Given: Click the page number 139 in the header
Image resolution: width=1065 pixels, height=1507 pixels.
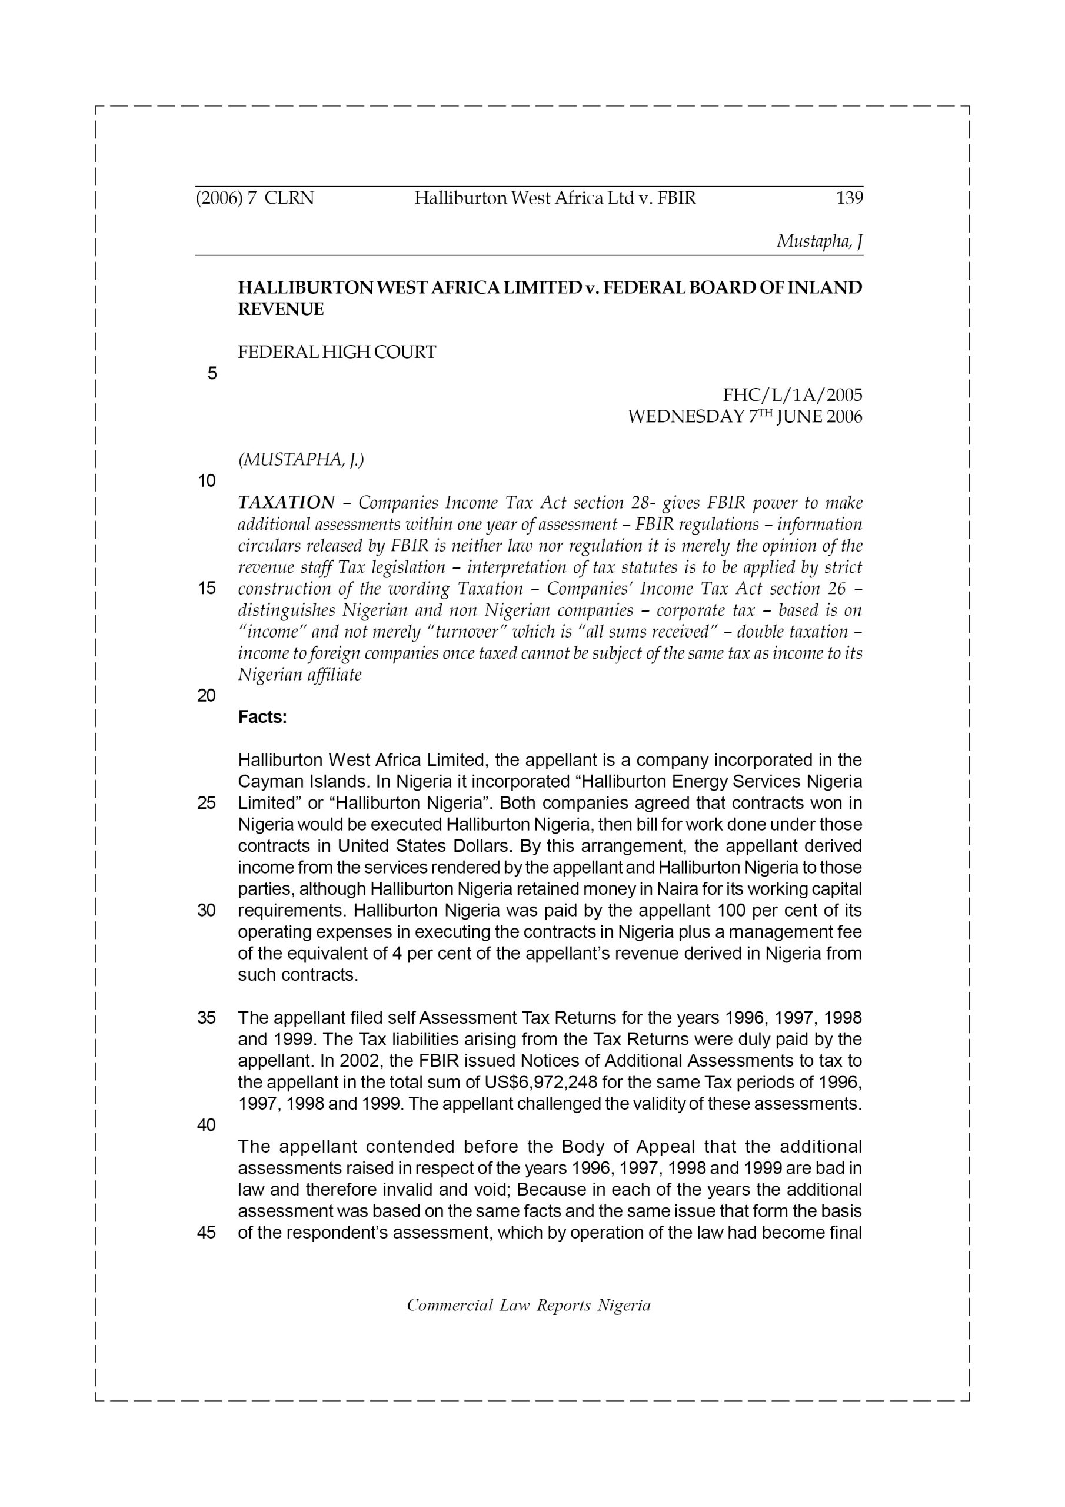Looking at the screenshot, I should pos(849,198).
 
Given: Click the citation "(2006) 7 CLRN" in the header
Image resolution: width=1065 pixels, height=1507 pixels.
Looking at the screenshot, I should pos(255,198).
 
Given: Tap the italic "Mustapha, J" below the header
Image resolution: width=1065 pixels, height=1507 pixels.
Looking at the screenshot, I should pos(820,241).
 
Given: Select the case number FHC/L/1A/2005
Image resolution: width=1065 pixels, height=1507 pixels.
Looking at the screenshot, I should pos(792,395).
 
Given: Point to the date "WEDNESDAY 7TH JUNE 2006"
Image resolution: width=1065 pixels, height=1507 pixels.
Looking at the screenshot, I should pos(745,417).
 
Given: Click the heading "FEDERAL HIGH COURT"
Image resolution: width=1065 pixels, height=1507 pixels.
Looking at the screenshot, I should pos(337,353).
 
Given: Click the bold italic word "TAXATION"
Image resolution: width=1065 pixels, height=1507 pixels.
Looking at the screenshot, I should pos(286,503).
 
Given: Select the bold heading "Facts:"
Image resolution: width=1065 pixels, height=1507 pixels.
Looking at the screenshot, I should pos(262,718).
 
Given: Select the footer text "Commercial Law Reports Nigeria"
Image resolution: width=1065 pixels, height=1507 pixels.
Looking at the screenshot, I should pos(528,1306).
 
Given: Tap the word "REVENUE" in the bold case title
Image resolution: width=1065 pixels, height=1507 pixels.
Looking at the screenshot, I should pos(281,309).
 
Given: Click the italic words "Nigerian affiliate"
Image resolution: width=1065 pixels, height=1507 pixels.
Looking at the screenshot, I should pos(299,675).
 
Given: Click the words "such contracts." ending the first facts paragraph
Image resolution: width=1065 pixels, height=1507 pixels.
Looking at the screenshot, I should pos(298,975).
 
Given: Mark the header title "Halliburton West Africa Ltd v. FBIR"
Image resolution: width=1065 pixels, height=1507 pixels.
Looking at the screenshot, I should pos(554,198).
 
